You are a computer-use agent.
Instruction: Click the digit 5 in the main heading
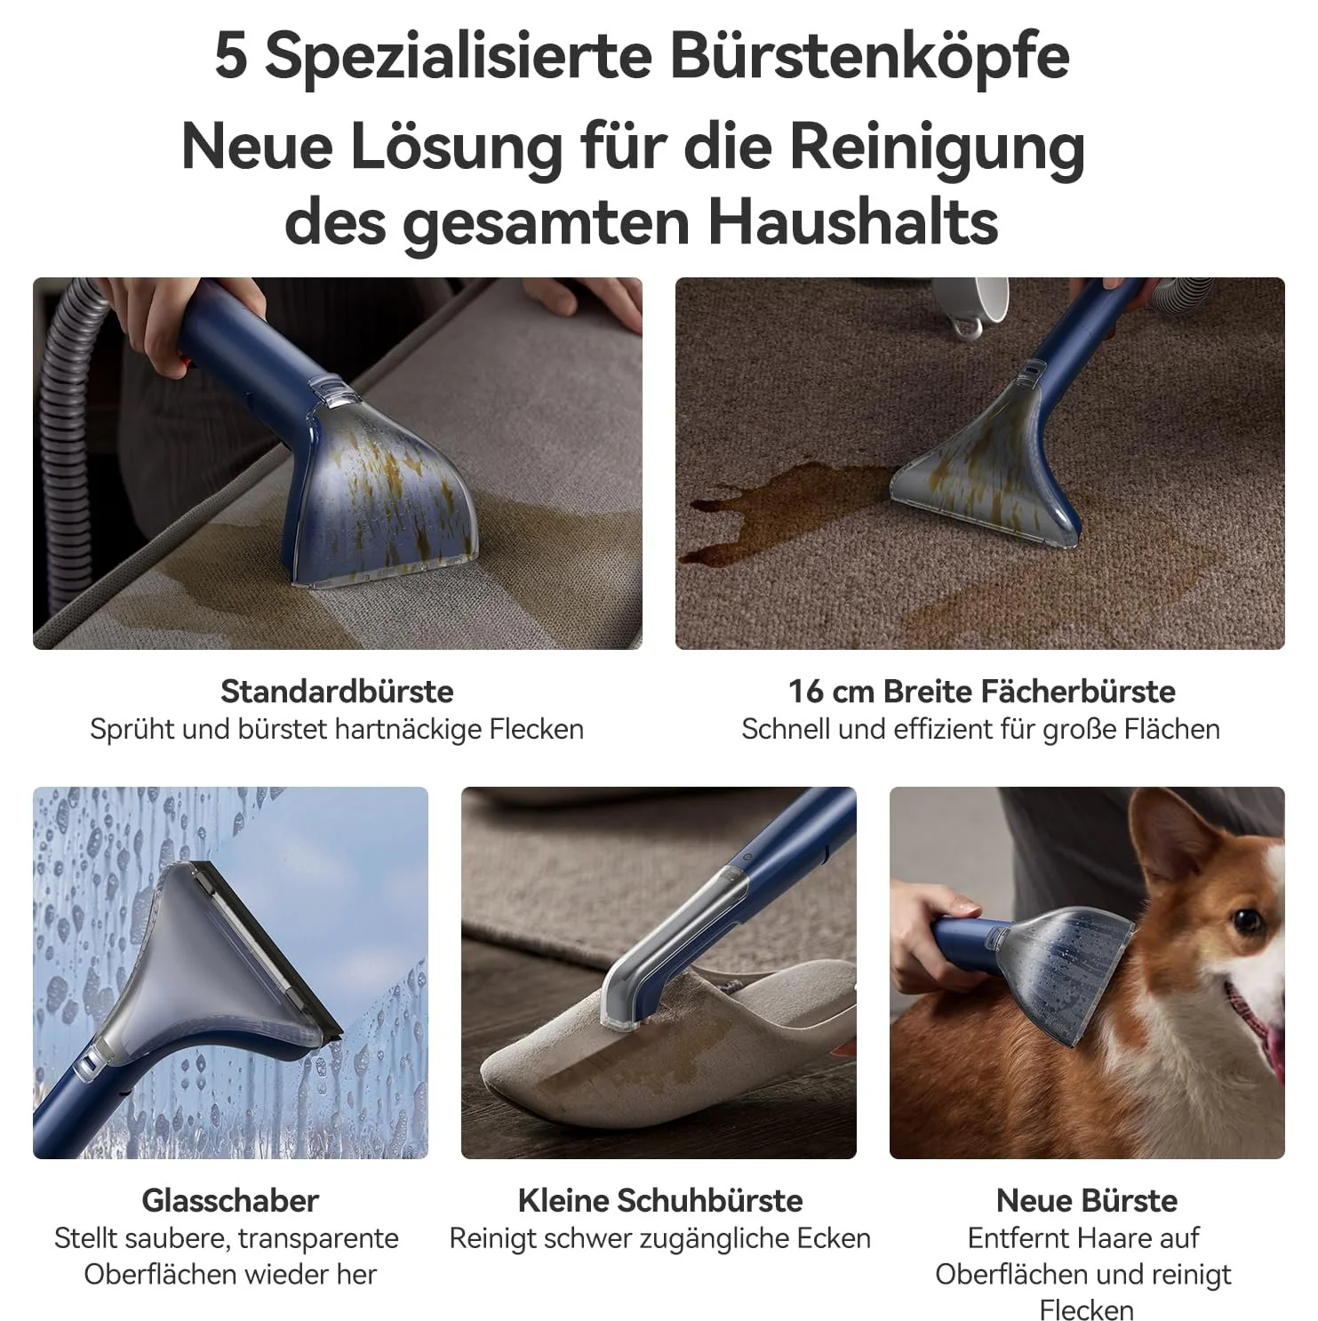pos(230,56)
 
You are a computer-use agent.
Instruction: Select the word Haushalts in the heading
pos(853,221)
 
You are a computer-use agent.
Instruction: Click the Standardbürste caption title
pos(337,691)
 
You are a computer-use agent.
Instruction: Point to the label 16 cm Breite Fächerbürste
pos(981,691)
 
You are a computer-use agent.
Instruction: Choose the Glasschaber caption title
pos(230,1200)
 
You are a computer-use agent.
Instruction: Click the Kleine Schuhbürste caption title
pos(659,1200)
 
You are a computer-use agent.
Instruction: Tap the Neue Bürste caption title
pos(1087,1200)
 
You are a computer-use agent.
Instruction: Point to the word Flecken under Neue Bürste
pos(1086,1309)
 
